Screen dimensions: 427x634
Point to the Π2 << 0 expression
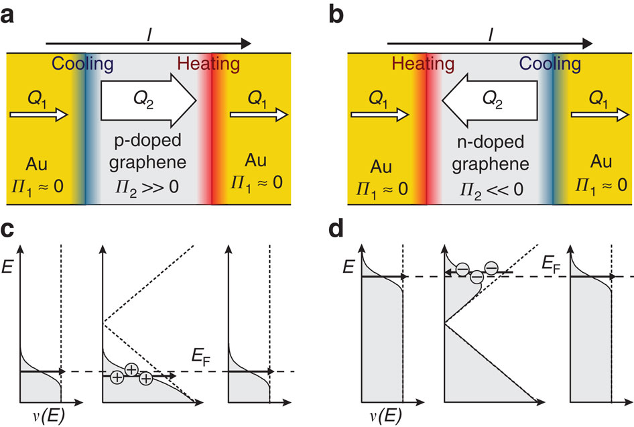coord(489,182)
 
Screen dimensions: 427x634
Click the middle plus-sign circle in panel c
coord(131,371)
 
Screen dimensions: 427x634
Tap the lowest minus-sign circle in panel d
coord(477,277)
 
